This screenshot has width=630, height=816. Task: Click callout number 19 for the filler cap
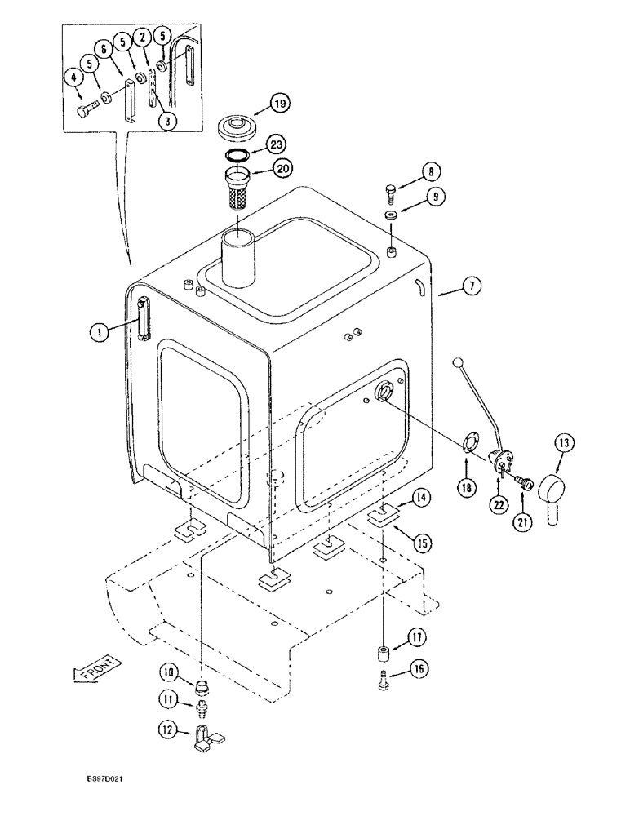coord(279,104)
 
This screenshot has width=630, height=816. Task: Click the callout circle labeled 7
coord(473,286)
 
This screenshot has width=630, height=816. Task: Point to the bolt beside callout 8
coord(389,193)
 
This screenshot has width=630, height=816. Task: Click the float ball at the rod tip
coord(459,361)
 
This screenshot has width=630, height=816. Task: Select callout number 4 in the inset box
coord(74,78)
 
